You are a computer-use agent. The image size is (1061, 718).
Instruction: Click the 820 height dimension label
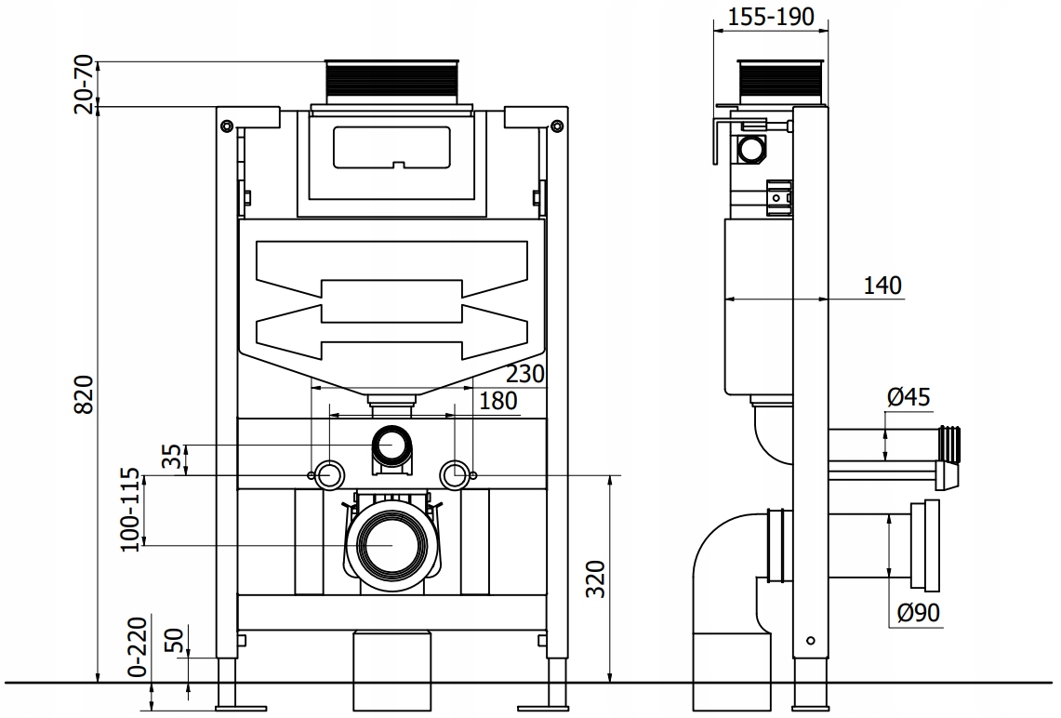[85, 394]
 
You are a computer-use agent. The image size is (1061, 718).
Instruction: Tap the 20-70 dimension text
[85, 86]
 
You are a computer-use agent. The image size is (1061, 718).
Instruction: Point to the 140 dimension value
[882, 286]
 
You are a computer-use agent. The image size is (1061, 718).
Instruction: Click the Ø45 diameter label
[908, 398]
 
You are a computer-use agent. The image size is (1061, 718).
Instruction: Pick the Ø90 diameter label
[919, 613]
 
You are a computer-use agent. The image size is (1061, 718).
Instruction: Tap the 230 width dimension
[524, 374]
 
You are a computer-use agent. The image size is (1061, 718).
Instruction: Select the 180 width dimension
[499, 401]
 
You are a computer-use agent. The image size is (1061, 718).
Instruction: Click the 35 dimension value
[171, 459]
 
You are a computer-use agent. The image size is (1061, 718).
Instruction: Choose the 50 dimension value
[171, 641]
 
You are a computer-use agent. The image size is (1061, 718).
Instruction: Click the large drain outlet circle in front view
[391, 544]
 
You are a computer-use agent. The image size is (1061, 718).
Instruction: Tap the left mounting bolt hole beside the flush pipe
[328, 474]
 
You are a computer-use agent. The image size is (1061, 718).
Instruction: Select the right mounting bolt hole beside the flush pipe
[455, 474]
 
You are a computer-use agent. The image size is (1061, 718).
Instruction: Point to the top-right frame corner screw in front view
[556, 126]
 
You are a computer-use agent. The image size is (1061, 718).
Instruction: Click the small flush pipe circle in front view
[391, 445]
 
